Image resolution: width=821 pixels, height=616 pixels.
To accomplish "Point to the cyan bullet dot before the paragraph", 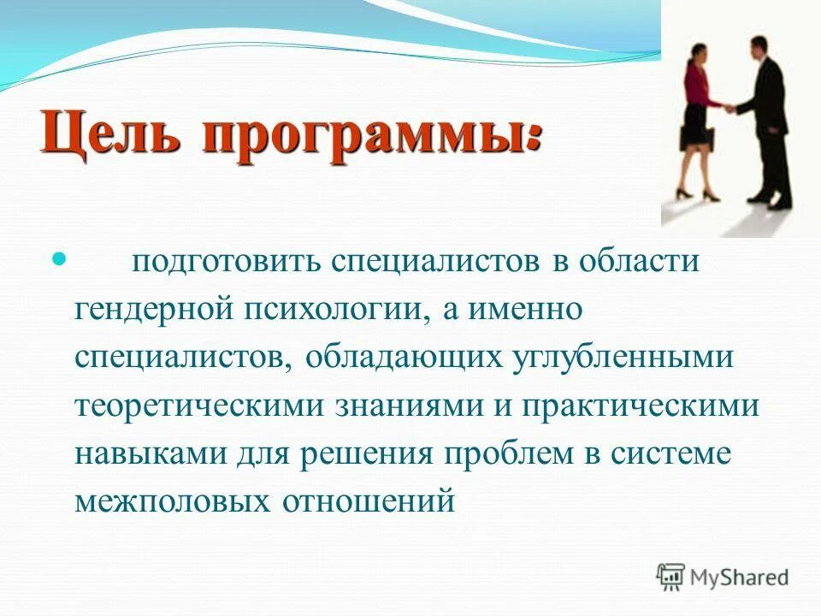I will pos(60,258).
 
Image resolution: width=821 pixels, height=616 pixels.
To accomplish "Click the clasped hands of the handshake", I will pos(729,108).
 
